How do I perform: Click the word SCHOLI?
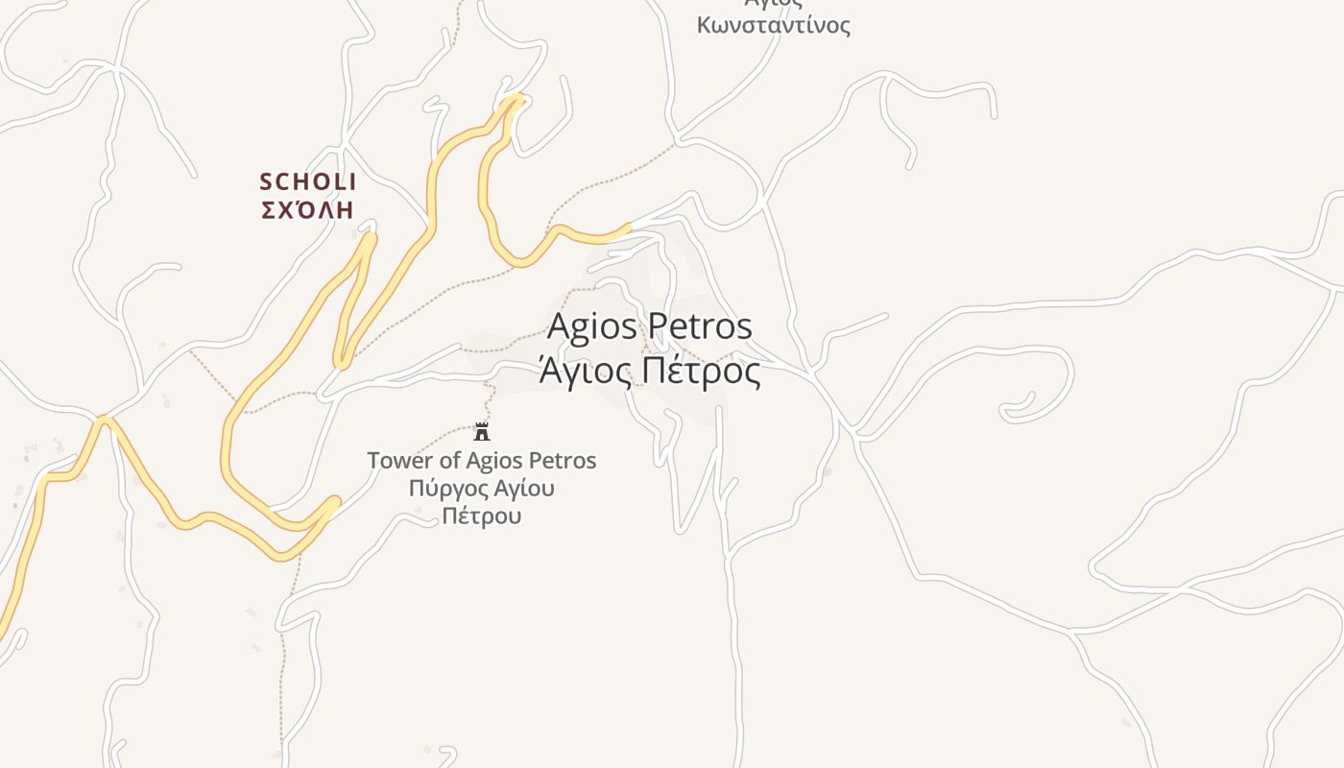(x=308, y=181)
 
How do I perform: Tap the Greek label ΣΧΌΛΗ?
(x=308, y=209)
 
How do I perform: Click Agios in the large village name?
(x=591, y=326)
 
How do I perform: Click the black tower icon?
(x=482, y=432)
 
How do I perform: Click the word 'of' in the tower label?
(x=451, y=461)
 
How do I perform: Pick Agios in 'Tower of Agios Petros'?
(x=499, y=461)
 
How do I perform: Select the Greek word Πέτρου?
(x=482, y=516)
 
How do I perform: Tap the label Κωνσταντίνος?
(x=774, y=25)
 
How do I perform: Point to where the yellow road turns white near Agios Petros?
(x=630, y=227)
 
